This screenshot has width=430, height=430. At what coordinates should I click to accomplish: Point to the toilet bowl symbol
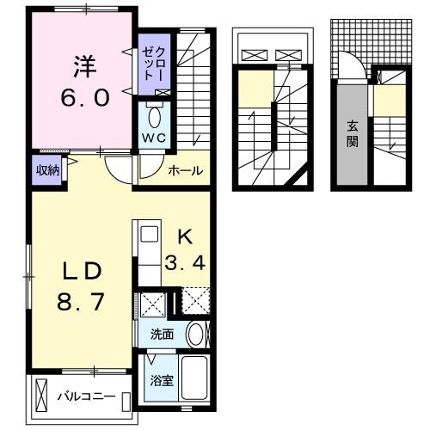[x=155, y=116]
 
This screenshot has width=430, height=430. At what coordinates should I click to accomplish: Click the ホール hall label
[x=185, y=171]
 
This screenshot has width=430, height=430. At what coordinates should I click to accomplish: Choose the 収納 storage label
[x=47, y=169]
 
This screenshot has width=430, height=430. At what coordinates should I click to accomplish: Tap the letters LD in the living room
[x=82, y=269]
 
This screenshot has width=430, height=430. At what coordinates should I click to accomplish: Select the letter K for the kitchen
[x=184, y=234]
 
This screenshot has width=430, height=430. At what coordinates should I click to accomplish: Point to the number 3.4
[x=184, y=264]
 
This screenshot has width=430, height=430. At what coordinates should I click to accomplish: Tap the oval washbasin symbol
[x=195, y=334]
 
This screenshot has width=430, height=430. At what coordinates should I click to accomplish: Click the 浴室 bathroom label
[x=163, y=379]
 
